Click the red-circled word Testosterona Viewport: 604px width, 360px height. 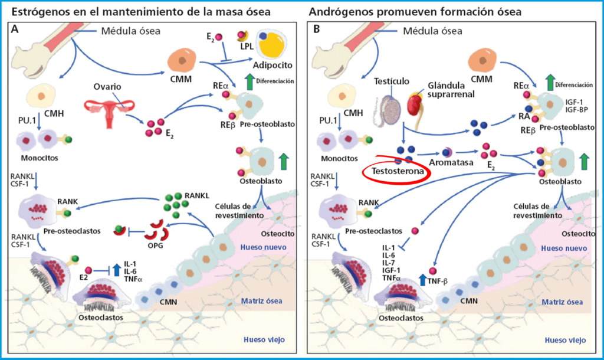[x=398, y=171]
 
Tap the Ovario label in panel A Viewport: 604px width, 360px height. [x=107, y=86]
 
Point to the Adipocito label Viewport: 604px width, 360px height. [x=273, y=65]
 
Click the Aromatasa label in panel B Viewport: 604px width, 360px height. [x=451, y=162]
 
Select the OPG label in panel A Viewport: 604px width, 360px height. [x=156, y=246]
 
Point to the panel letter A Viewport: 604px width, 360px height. [x=15, y=30]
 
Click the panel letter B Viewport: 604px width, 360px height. [x=317, y=30]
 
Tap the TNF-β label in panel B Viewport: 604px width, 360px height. [x=438, y=281]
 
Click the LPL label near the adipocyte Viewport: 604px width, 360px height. [x=247, y=46]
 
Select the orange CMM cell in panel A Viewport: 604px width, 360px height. [x=182, y=60]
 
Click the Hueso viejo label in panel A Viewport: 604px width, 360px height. [x=264, y=339]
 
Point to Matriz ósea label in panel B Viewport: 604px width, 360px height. [x=562, y=302]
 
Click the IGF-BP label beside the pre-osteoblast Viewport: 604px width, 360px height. [x=577, y=110]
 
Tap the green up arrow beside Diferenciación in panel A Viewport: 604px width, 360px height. [x=250, y=81]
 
